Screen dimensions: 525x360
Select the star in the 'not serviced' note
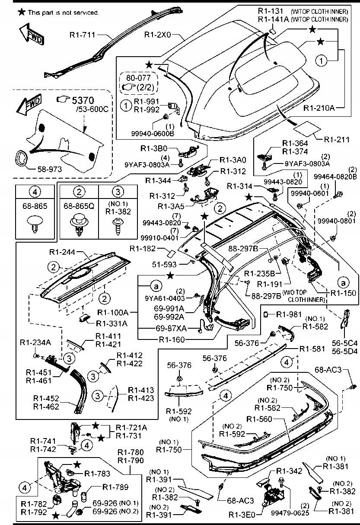[x=21, y=12]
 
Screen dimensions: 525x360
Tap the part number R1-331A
[x=111, y=323]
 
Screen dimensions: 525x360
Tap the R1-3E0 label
[x=245, y=515]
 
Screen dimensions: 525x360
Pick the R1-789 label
[x=115, y=487]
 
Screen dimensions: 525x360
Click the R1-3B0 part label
[x=153, y=148]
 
